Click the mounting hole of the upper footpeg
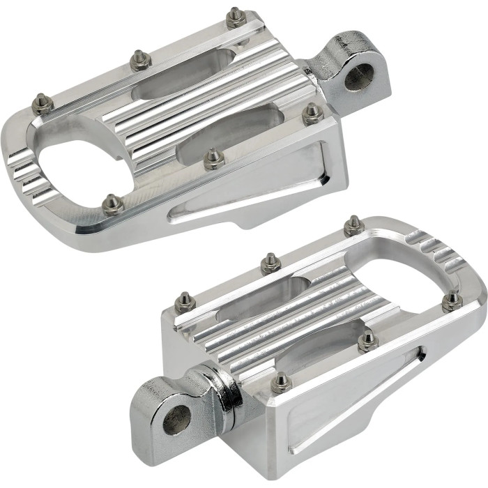(358, 77)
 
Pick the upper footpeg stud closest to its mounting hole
(312, 114)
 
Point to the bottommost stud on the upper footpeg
(112, 205)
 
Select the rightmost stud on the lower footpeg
(452, 300)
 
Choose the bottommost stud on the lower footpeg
(280, 381)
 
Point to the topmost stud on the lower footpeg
(353, 225)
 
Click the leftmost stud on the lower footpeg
(184, 300)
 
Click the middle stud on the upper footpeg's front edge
(213, 160)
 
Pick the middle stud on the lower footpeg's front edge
(367, 340)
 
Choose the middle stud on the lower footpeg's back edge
(271, 262)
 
